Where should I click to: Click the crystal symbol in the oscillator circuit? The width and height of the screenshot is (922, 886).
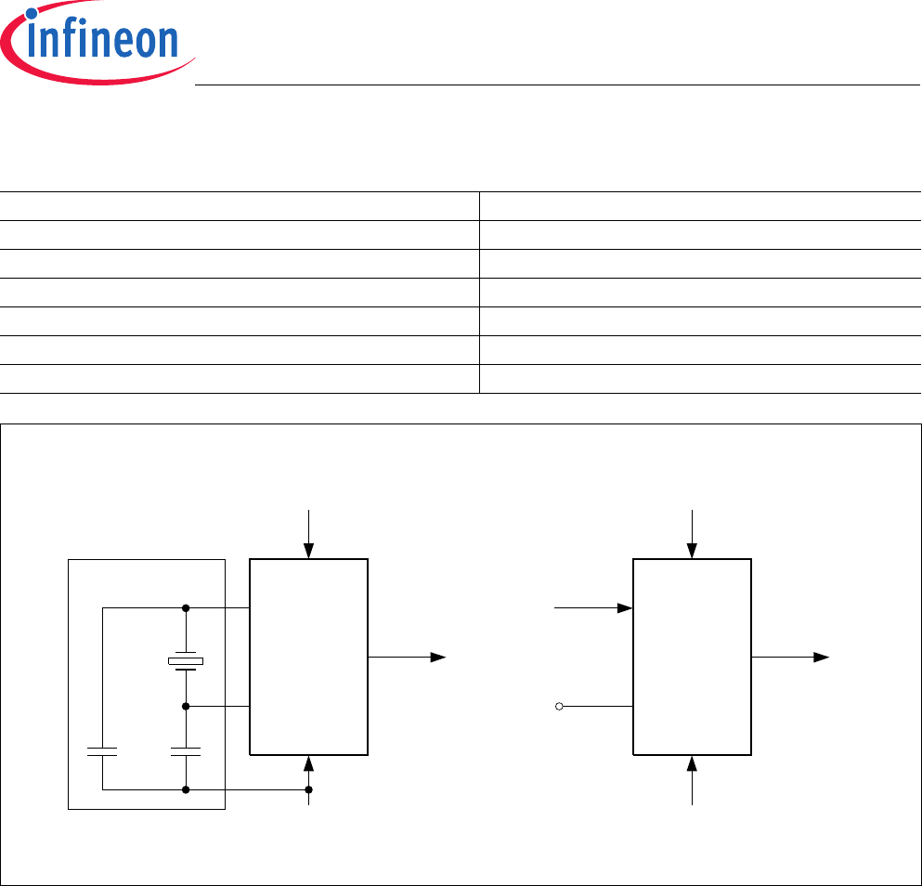point(186,661)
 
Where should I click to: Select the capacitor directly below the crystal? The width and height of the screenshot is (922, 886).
point(186,750)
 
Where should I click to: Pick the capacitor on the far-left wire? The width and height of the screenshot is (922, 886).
point(102,750)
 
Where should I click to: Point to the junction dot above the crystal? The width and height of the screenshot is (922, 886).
point(186,608)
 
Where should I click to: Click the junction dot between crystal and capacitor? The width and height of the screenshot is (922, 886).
point(186,706)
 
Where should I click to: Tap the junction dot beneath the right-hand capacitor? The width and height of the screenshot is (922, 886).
point(186,789)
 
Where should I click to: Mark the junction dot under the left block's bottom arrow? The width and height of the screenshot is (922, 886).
point(309,789)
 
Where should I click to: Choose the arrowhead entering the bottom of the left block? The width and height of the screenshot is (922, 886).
point(309,764)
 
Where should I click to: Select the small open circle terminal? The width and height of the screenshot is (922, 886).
point(559,707)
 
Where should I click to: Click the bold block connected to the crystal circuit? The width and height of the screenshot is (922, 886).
point(309,657)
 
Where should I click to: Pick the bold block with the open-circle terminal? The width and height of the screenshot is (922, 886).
point(692,657)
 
